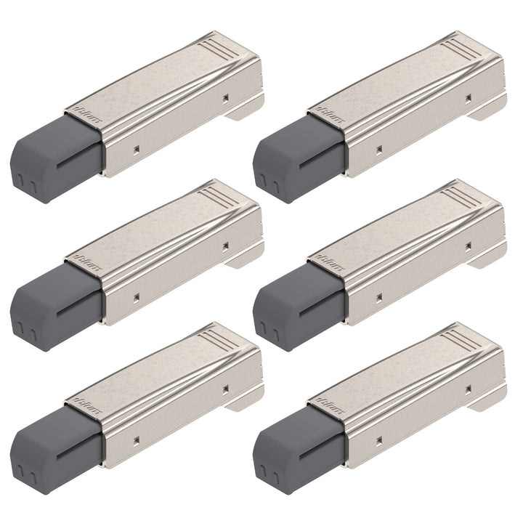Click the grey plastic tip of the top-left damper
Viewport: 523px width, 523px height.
pos(51,156)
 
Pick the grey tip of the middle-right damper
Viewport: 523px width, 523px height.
pos(294,305)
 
